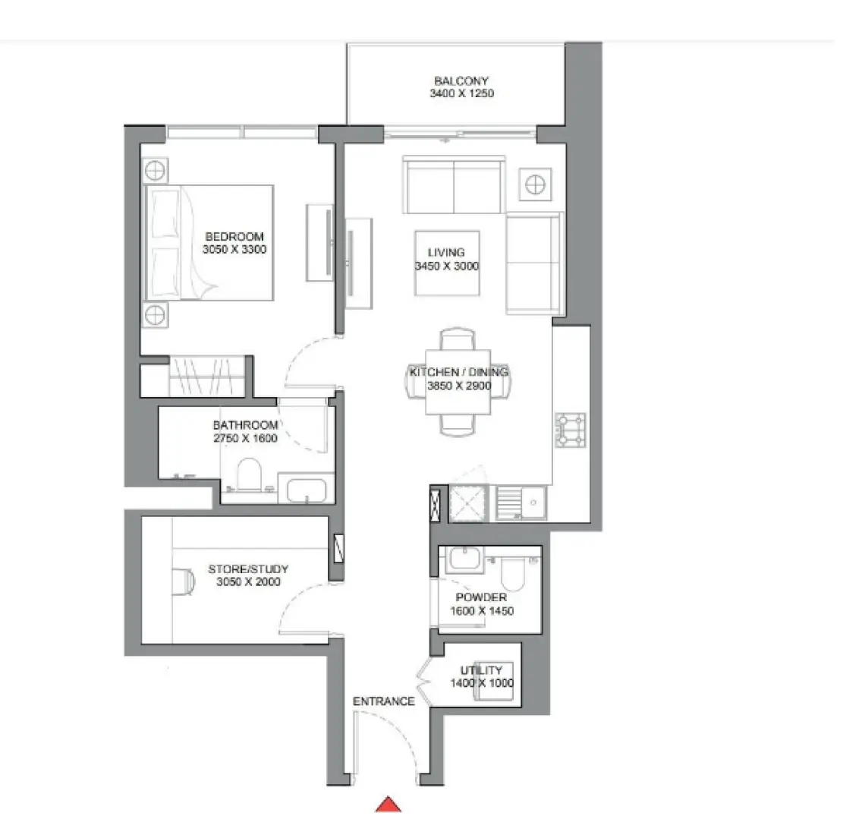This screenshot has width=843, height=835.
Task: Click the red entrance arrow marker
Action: tap(388, 805)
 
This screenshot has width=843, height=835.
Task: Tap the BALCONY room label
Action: tap(461, 80)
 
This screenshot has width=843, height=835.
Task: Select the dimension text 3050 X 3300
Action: tap(234, 250)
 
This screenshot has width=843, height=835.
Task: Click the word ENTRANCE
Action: tap(384, 701)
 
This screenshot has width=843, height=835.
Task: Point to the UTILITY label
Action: tap(481, 670)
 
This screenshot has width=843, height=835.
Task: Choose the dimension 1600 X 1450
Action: tap(481, 611)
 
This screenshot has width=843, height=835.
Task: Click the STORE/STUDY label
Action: tap(248, 569)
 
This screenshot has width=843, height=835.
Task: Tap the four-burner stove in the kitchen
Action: tap(571, 429)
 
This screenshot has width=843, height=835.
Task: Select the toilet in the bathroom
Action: tap(249, 476)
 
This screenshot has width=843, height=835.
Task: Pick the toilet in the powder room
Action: tap(514, 573)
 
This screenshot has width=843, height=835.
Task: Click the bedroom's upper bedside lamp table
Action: tap(156, 170)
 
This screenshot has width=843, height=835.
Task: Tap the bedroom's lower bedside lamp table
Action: tap(156, 313)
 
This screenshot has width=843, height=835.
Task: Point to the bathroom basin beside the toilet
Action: tap(307, 489)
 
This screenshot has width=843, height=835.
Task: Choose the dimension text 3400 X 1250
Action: tap(461, 94)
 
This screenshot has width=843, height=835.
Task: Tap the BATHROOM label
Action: tap(245, 425)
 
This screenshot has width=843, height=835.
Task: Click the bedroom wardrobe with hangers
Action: tap(206, 374)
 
